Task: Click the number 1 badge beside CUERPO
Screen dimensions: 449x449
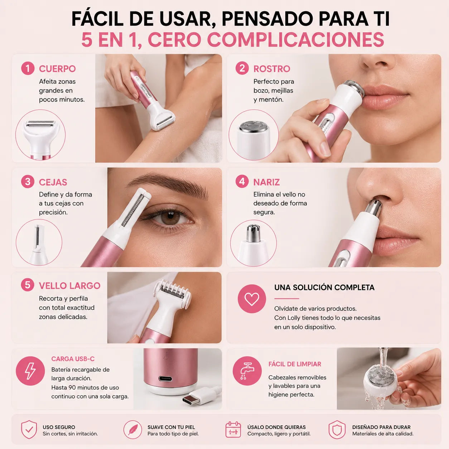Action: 28,68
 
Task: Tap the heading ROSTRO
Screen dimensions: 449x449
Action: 272,69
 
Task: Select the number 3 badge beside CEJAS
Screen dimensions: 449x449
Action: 28,182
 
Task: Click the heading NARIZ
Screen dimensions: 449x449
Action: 266,182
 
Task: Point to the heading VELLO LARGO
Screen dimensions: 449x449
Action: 70,285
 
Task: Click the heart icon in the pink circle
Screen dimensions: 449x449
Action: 252,299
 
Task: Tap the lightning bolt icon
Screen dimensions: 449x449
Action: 30,371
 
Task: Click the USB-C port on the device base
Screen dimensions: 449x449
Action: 165,378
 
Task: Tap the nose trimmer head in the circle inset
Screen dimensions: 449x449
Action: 253,242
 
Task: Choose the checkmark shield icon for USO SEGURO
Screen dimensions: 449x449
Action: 29,429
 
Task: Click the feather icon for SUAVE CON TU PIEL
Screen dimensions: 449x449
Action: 132,429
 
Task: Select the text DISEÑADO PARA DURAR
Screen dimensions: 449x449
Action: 381,427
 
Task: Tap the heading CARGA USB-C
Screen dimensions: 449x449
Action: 73,359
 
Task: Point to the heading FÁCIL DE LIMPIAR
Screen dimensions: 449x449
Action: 295,364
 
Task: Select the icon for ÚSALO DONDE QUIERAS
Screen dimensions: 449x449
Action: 233,429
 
